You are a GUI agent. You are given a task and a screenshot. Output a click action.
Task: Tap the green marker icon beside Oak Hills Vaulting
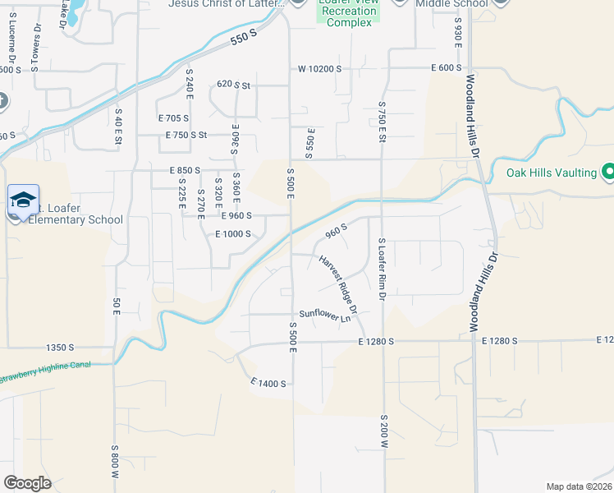click(x=608, y=173)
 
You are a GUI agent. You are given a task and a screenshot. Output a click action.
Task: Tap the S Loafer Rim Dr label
click(x=382, y=269)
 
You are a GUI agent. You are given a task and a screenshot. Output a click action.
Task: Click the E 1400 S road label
click(x=268, y=384)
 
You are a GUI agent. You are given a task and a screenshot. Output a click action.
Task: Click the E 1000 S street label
click(x=232, y=234)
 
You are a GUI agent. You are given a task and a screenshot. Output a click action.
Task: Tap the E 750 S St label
click(x=186, y=135)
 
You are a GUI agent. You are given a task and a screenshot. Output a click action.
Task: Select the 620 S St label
click(x=233, y=84)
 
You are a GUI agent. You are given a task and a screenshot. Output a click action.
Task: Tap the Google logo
click(x=27, y=482)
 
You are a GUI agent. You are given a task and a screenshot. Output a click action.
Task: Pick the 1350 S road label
click(x=61, y=348)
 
